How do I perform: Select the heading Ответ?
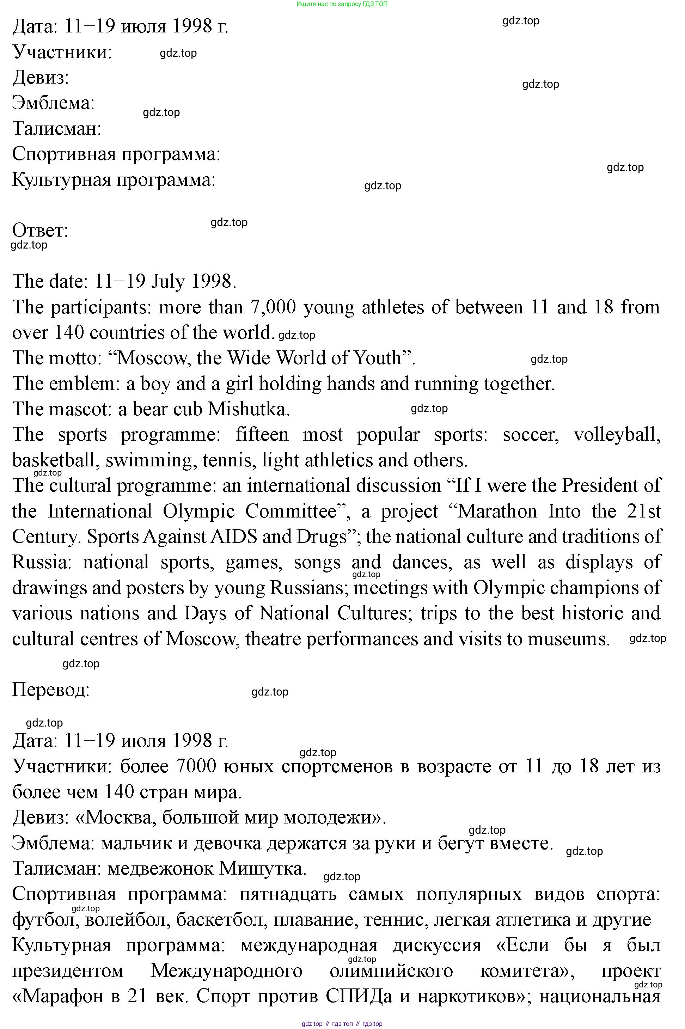click(x=40, y=230)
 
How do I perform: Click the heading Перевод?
click(x=51, y=690)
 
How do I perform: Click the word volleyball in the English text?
click(x=616, y=435)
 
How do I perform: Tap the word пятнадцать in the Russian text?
click(x=288, y=894)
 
